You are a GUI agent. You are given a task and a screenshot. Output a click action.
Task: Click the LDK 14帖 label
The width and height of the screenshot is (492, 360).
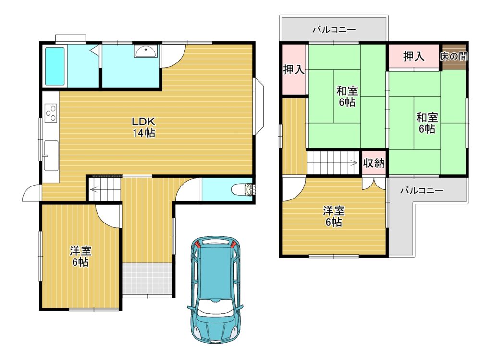pyautogui.click(x=143, y=127)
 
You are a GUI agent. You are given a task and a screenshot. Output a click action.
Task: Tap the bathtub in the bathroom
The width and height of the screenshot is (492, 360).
pyautogui.click(x=55, y=66)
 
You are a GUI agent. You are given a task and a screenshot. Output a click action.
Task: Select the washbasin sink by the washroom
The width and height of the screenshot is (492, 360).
pyautogui.click(x=145, y=51)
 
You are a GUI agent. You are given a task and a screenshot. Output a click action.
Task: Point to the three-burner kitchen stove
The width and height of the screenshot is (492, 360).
pyautogui.click(x=51, y=112)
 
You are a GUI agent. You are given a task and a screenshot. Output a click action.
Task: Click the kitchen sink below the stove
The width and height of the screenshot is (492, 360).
pyautogui.click(x=51, y=156)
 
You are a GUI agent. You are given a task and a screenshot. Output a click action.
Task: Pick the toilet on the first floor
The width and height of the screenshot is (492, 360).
pyautogui.click(x=243, y=189)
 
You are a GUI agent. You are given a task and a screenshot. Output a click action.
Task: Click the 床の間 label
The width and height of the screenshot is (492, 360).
pyautogui.click(x=454, y=57)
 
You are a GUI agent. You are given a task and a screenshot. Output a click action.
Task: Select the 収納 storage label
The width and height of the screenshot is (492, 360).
pyautogui.click(x=374, y=163)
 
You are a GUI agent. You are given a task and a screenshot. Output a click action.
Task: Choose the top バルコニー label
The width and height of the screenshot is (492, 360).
pyautogui.click(x=334, y=30)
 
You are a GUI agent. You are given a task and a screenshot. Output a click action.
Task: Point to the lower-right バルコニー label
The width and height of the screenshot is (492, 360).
pyautogui.click(x=421, y=190)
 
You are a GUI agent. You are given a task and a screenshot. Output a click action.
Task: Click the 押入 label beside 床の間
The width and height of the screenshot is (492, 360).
pyautogui.click(x=414, y=57)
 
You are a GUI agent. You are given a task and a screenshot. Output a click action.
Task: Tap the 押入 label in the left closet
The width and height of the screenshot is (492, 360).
pyautogui.click(x=294, y=70)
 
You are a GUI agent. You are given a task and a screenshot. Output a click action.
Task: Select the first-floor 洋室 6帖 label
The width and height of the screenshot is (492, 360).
pyautogui.click(x=81, y=257)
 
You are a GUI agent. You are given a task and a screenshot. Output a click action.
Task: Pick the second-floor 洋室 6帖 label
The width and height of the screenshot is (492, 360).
pyautogui.click(x=334, y=217)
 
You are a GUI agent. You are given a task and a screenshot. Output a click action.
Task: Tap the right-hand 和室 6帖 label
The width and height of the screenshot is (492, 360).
pyautogui.click(x=427, y=124)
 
